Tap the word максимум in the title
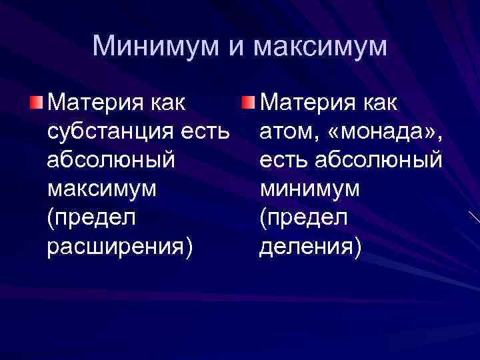[320, 47]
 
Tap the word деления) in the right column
[310, 247]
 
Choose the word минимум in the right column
[310, 189]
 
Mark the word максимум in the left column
[103, 189]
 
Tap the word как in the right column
[377, 103]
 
